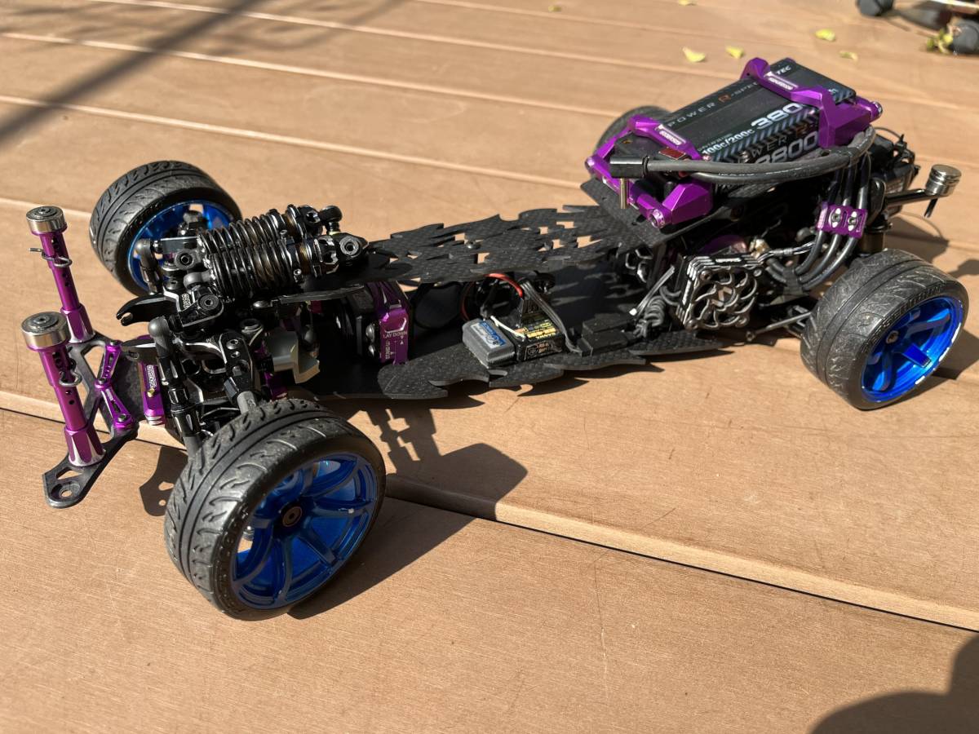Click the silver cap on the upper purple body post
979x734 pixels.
(x=45, y=219)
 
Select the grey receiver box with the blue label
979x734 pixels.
(x=488, y=341)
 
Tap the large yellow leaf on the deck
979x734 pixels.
(x=693, y=55)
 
